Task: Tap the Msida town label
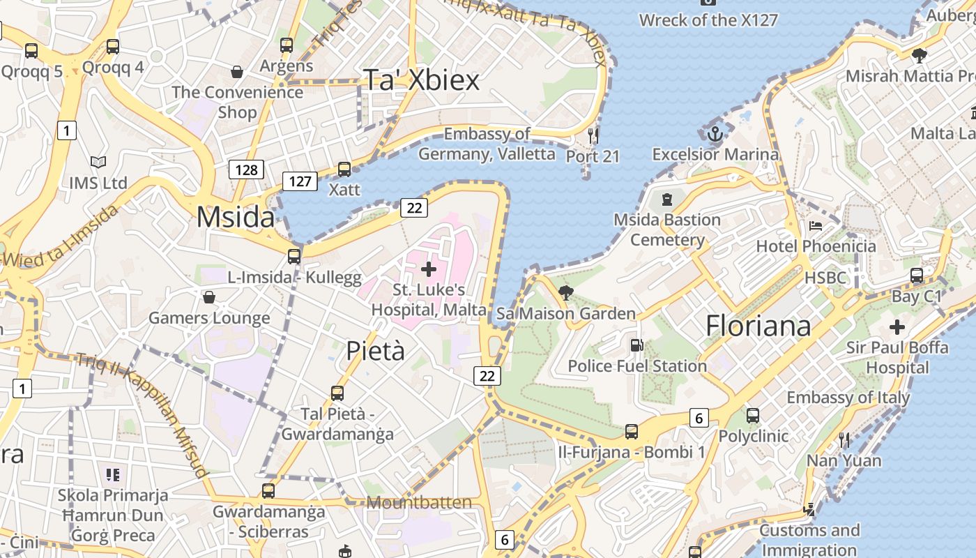pos(236,217)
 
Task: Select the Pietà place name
pos(375,350)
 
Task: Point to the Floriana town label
pos(758,326)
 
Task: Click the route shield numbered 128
pos(246,169)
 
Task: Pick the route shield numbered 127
pos(300,181)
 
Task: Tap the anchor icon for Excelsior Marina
pos(715,133)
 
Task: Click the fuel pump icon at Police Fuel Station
pos(636,345)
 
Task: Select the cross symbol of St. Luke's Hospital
pos(429,269)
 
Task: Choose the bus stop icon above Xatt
pos(344,169)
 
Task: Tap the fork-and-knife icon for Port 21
pos(593,135)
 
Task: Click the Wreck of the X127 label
pos(708,20)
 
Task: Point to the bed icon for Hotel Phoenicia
pos(816,225)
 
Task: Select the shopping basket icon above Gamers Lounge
pos(208,298)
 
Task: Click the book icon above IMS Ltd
pos(98,163)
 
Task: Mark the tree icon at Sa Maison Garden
pos(566,293)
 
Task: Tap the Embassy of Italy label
pos(848,398)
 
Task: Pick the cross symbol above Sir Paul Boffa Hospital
pos(897,326)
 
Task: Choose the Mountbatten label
pos(419,502)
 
